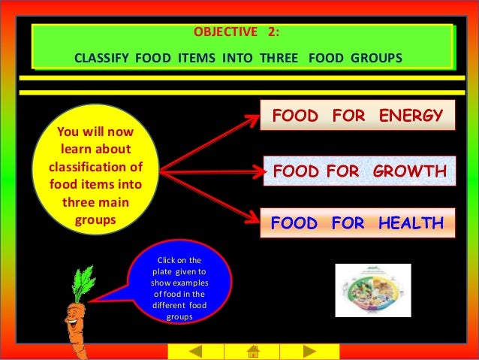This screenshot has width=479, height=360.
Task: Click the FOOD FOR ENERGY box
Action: (357, 116)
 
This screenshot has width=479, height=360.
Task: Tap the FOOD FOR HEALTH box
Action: (357, 223)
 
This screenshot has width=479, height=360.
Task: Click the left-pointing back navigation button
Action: (195, 351)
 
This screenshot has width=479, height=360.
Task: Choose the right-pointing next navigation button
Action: (309, 351)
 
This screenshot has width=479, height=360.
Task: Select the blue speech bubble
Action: (180, 289)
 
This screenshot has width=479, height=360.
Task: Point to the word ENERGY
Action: (410, 116)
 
